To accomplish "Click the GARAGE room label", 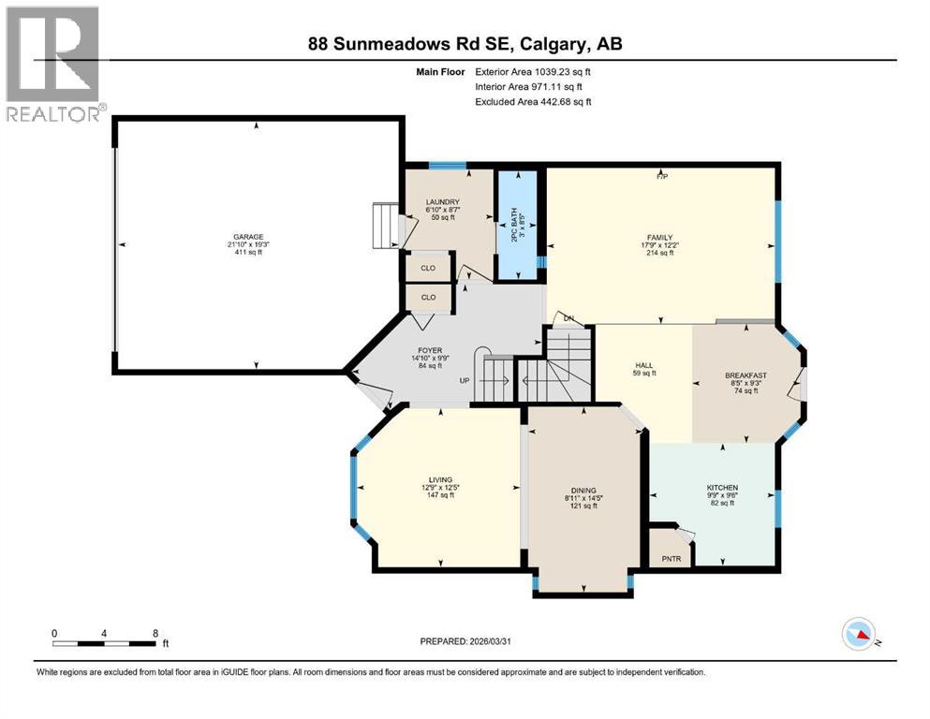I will coord(248,237).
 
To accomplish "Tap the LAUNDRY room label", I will coord(440,201).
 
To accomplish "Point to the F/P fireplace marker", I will coord(661,176).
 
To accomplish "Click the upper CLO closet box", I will coord(428,267).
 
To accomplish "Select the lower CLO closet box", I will coord(428,298).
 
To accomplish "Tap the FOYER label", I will coord(430,351).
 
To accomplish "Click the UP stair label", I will coord(464,381).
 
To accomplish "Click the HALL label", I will coord(643,365).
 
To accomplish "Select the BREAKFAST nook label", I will coord(745,375).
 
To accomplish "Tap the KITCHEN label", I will coord(722,488).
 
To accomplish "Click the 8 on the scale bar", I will coord(154,633).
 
